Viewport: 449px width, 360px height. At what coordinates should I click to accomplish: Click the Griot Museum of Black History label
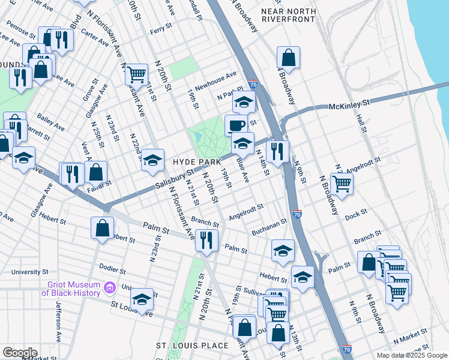tap(70, 289)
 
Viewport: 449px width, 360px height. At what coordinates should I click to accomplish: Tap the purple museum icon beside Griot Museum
tap(109, 289)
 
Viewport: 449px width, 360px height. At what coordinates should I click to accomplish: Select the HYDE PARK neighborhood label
tap(194, 162)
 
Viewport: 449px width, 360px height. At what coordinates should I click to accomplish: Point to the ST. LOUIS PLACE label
tap(192, 346)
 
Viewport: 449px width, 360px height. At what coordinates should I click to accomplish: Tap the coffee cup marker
tap(235, 125)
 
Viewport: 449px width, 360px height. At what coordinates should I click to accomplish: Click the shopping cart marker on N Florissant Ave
tap(137, 74)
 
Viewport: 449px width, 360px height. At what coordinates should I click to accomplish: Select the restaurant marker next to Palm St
tap(205, 240)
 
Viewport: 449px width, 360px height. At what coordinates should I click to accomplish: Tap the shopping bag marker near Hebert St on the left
tap(103, 227)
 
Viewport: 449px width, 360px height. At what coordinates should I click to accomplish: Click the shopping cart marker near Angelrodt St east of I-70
tap(342, 184)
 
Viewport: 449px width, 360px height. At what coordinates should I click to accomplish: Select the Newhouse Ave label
tap(216, 79)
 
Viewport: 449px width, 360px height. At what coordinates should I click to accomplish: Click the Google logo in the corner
tap(19, 353)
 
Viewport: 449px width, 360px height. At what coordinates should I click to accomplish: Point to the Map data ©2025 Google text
tap(411, 355)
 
